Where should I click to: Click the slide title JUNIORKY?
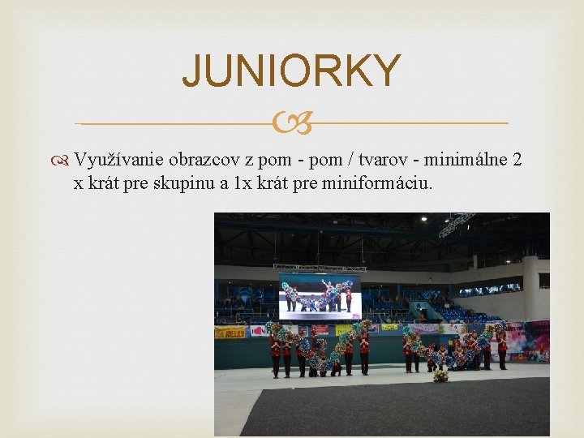pos(291,71)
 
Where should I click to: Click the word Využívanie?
pos(121,160)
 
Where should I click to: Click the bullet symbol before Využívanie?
pos(64,160)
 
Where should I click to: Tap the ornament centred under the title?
pos(291,123)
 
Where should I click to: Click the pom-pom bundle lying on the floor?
pos(440,376)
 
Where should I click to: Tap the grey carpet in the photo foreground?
pos(389,414)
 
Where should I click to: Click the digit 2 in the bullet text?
pos(517,160)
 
